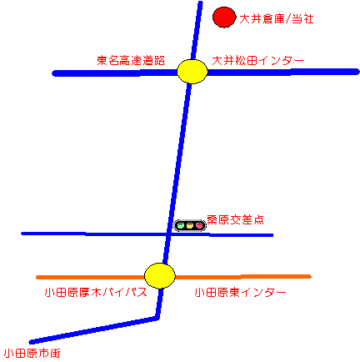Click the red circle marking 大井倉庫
pyautogui.click(x=224, y=18)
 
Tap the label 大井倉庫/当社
pyautogui.click(x=277, y=19)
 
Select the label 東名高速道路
pyautogui.click(x=131, y=60)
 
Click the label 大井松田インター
pyautogui.click(x=257, y=61)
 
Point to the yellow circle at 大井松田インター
pyautogui.click(x=192, y=71)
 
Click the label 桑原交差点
pyautogui.click(x=235, y=219)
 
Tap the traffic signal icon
pyautogui.click(x=190, y=225)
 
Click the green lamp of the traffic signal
pyautogui.click(x=181, y=225)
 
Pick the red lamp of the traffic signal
pyautogui.click(x=199, y=225)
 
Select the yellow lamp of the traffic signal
pyautogui.click(x=190, y=225)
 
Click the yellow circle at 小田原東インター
pyautogui.click(x=160, y=276)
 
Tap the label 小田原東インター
pyautogui.click(x=240, y=293)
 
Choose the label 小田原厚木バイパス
pyautogui.click(x=96, y=293)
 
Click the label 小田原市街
pyautogui.click(x=32, y=354)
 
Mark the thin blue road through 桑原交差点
pyautogui.click(x=147, y=234)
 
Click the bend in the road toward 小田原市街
pyautogui.click(x=157, y=318)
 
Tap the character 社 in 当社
pyautogui.click(x=308, y=19)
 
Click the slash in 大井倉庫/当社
pyautogui.click(x=287, y=19)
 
